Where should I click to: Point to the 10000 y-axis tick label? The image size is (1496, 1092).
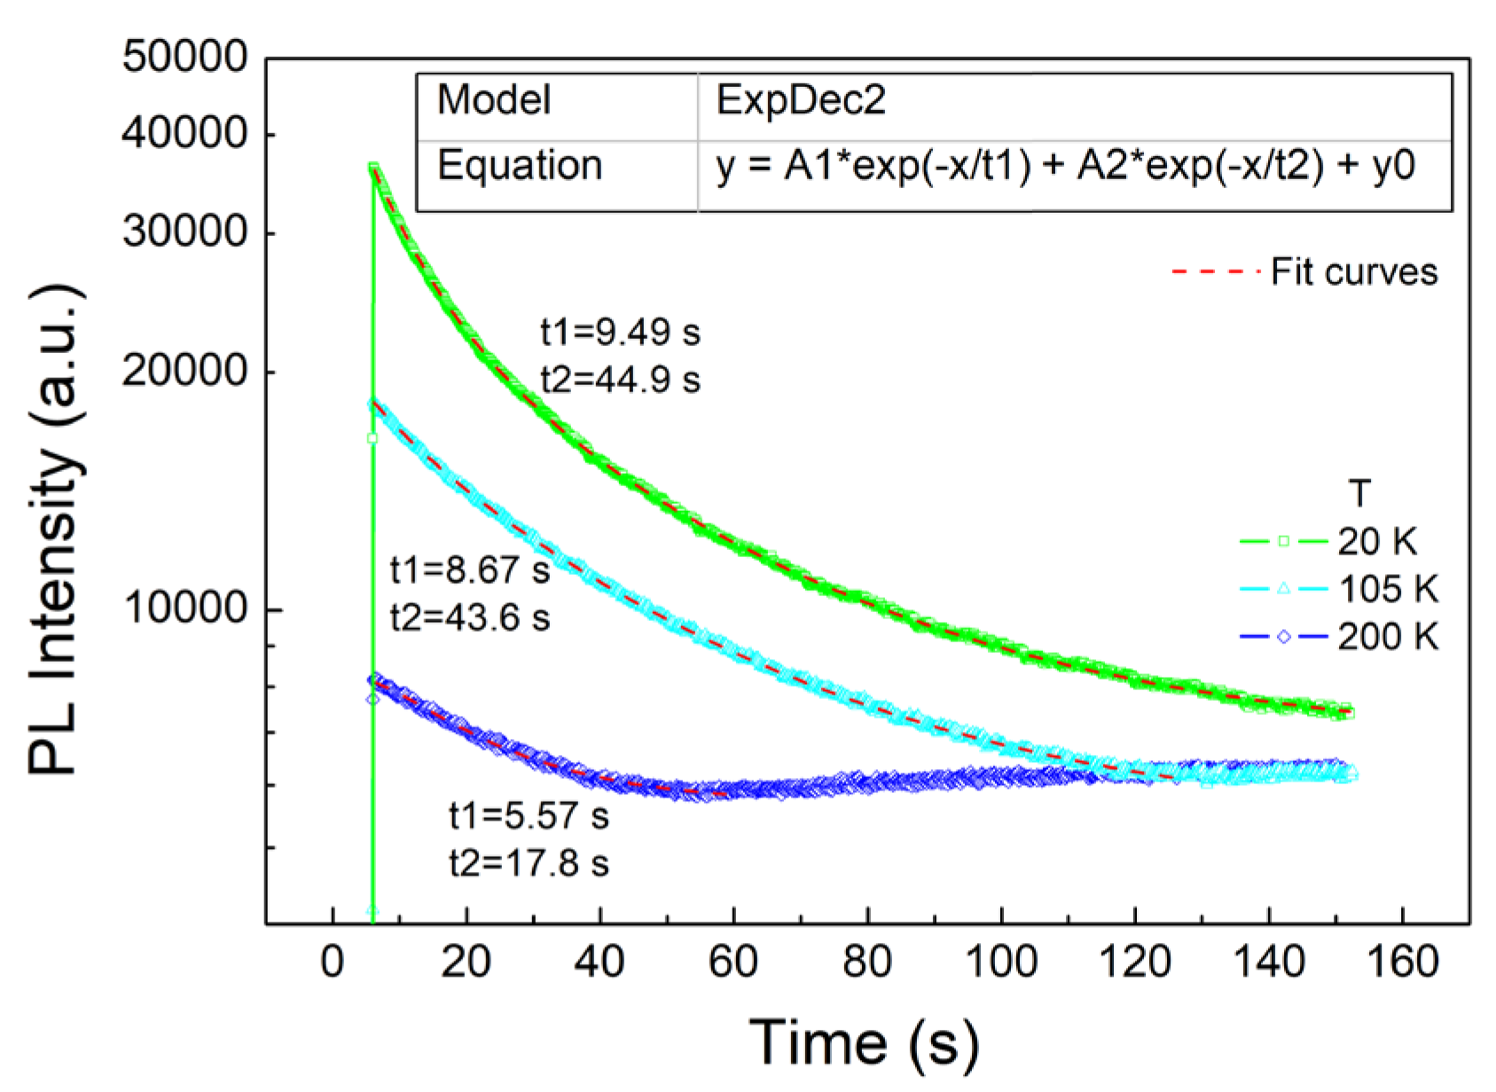[184, 608]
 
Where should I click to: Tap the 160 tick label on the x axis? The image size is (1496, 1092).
[1402, 962]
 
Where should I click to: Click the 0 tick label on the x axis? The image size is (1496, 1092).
[333, 962]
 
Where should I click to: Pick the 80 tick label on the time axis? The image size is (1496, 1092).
[866, 962]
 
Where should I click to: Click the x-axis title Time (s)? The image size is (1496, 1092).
[864, 1041]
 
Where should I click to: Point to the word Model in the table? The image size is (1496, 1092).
[494, 99]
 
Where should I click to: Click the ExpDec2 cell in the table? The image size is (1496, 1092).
[800, 99]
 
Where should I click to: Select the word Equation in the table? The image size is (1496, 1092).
[520, 166]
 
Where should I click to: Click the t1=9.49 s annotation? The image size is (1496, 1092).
[620, 333]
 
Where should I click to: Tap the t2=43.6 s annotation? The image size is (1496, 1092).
[470, 617]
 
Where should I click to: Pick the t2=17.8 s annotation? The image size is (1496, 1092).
[529, 863]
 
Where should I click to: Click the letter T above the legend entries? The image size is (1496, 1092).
[1359, 493]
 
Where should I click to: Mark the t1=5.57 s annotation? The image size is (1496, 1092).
[529, 816]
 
